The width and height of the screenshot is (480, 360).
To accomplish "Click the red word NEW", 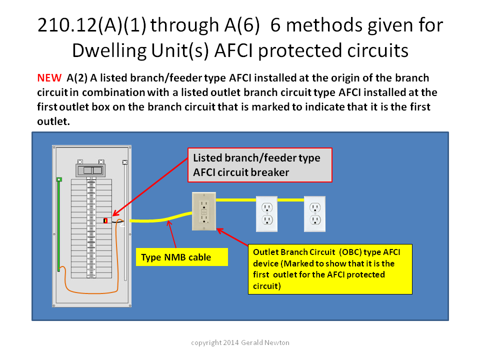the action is tap(49, 78).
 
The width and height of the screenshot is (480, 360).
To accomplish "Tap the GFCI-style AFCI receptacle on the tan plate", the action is tap(204, 211).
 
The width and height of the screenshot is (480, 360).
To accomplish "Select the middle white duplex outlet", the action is tap(266, 213).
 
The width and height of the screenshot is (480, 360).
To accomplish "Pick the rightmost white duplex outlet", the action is tap(314, 213).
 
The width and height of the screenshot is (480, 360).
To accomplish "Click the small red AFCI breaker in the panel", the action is tap(105, 220).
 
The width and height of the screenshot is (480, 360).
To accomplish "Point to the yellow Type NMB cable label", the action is tap(182, 257).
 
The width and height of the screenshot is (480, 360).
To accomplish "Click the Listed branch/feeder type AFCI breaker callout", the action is tap(260, 165).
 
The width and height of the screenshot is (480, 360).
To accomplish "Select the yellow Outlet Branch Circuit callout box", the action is tap(330, 269).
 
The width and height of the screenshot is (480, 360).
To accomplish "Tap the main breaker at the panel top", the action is tap(90, 170).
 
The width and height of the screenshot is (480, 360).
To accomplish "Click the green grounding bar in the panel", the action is tap(59, 224).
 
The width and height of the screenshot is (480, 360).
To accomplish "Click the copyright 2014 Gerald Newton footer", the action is tap(240, 342).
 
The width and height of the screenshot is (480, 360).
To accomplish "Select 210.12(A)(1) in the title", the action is tap(92, 25).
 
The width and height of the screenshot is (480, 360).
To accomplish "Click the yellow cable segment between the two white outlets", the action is tap(290, 200).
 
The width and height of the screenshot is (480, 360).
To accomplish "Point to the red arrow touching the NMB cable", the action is tap(172, 234).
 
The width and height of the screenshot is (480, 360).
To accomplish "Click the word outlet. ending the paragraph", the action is tap(53, 121).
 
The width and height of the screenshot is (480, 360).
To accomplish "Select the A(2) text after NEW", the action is tap(77, 78).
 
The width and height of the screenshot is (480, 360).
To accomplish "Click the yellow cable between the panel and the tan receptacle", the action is tap(160, 218).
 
